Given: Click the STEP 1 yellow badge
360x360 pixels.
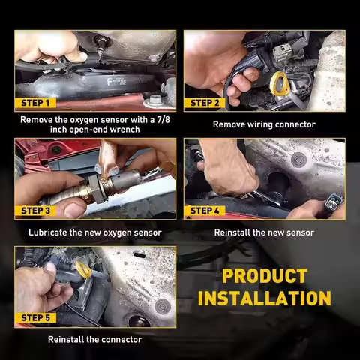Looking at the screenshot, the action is pos(35,103).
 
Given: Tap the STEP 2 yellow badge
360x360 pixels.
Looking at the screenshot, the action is pos(205,103).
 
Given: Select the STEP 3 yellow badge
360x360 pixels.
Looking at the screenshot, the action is pos(35,211).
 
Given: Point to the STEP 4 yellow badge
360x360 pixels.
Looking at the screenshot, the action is pos(205,211).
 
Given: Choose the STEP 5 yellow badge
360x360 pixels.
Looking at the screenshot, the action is pos(35,318).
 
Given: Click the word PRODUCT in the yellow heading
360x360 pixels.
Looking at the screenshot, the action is pos(265,276).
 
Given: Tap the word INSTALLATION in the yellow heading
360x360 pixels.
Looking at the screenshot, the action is pos(265,298).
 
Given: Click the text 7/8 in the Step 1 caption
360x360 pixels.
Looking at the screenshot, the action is pos(163,120).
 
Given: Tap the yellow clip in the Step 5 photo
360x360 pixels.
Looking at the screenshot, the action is pos(82,268).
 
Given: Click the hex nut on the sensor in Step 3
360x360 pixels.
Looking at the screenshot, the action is pos(96,189).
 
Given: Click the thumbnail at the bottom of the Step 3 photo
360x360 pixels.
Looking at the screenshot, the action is pos(74,209).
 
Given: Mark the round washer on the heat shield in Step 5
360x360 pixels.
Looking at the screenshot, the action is pos(163,306).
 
